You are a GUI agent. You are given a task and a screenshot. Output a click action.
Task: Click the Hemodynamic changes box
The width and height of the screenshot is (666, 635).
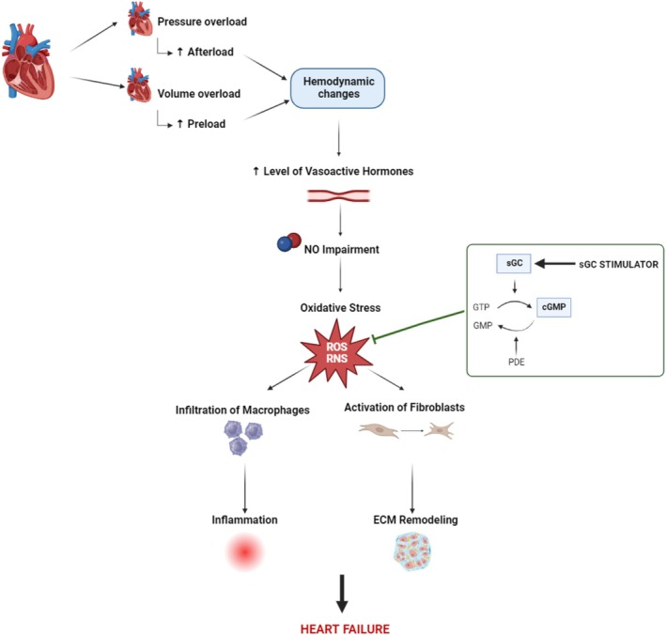pos(337,88)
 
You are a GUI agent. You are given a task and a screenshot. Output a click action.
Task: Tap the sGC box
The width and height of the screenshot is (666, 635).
pos(514,263)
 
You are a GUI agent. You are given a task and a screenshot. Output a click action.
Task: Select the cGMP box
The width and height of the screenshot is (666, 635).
pos(554,307)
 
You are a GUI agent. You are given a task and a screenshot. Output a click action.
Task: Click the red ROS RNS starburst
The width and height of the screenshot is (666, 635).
pos(337,352)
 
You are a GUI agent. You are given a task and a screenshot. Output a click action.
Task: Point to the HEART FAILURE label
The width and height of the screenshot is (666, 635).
pos(345,628)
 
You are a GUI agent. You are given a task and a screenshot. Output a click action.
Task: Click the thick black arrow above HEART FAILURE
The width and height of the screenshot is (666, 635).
pos(342,594)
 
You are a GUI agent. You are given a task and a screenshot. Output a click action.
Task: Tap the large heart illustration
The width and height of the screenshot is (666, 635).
pos(28,62)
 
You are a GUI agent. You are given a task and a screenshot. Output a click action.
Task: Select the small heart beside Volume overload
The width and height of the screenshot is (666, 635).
pos(140,85)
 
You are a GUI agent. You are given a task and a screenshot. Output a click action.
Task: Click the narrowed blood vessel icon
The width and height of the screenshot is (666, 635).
pos(338,195)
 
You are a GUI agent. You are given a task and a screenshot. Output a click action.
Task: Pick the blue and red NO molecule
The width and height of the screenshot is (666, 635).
pos(288,242)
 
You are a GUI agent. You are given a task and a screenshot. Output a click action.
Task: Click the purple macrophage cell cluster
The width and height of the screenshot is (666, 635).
pos(243,438)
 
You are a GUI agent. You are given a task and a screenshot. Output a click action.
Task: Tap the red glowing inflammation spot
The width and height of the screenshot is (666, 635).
pos(244,552)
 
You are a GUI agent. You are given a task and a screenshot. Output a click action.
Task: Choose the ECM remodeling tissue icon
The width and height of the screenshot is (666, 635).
pos(412,551)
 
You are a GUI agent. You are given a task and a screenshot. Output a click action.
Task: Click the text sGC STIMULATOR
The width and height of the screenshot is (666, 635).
pos(618,264)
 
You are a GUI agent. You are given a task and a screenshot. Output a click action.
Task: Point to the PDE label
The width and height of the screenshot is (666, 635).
pos(517,362)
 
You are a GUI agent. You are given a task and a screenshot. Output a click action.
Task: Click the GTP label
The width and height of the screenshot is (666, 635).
pos(481,307)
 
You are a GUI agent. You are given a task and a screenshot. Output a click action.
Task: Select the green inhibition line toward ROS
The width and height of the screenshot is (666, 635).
pos(418,325)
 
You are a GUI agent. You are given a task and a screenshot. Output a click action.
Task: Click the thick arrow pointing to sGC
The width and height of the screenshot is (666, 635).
pos(555,264)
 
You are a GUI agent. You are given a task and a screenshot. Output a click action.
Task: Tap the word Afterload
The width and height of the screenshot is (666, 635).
pos(210,52)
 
